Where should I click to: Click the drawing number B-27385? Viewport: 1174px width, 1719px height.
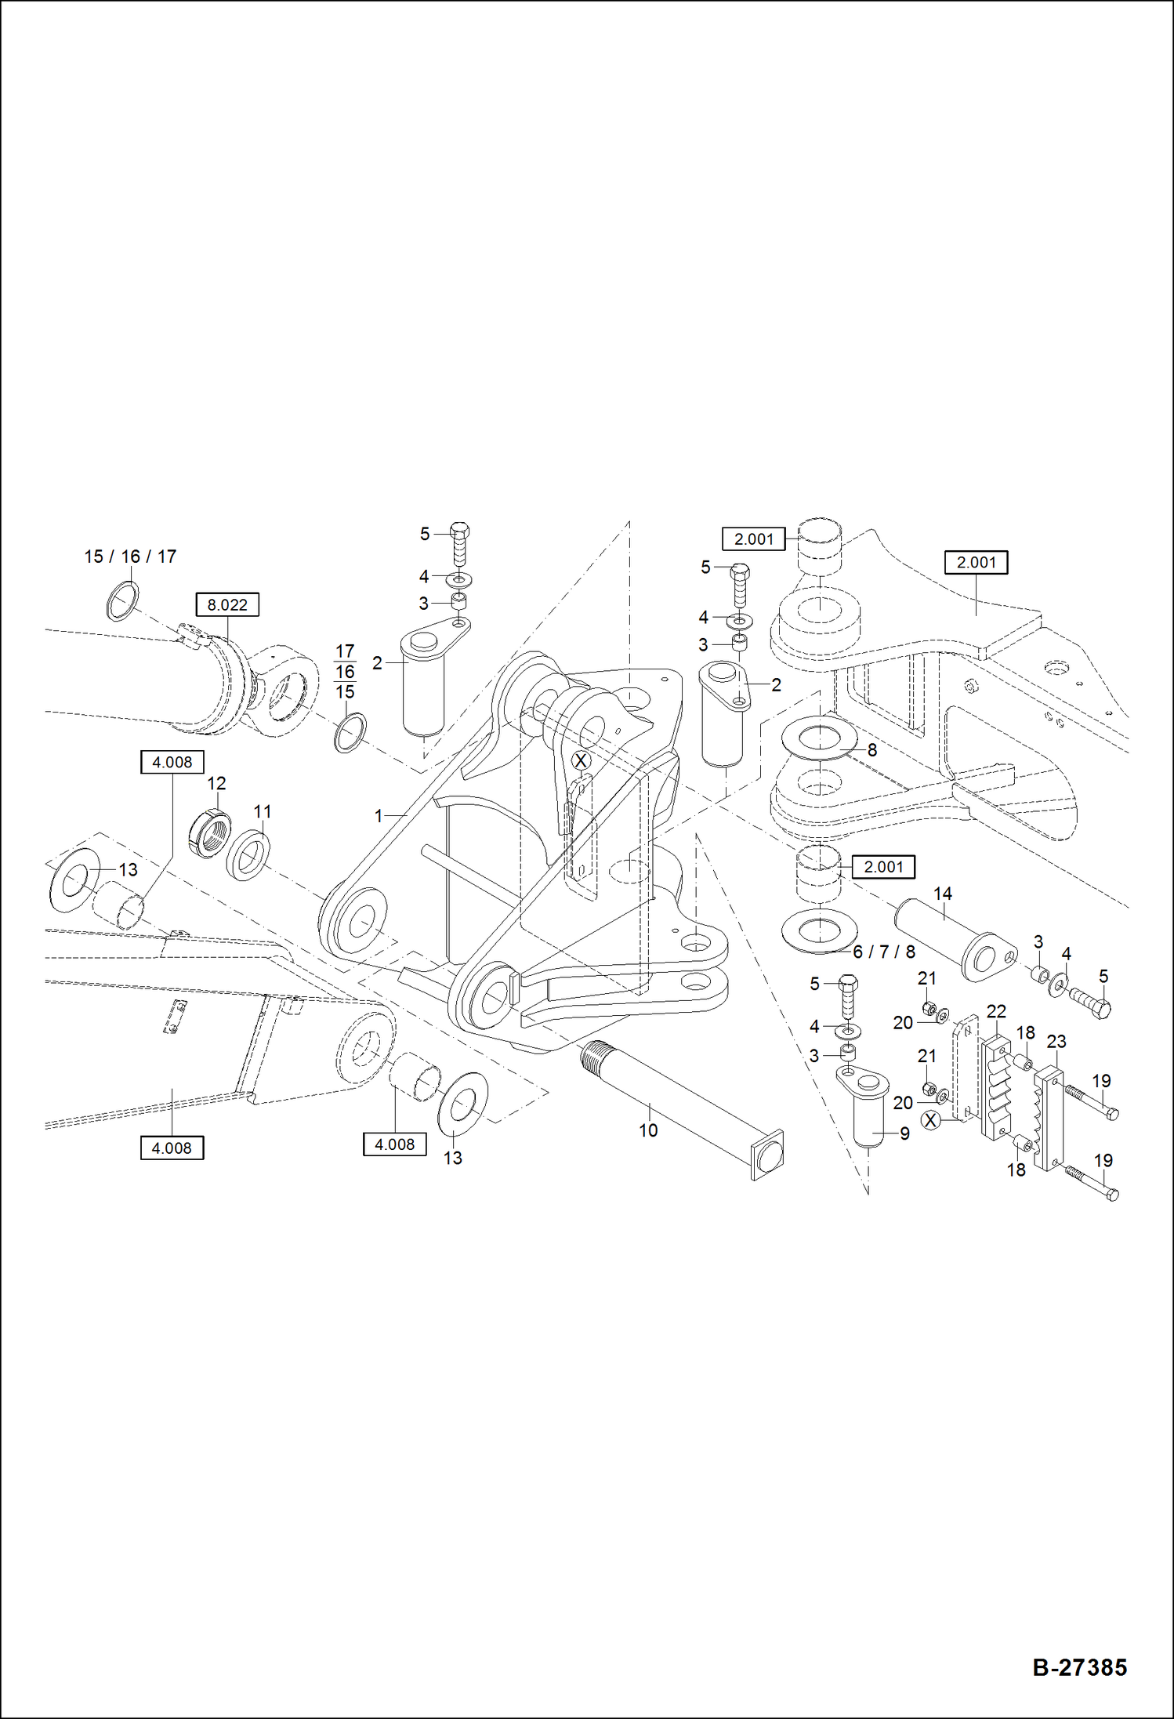[1079, 1666]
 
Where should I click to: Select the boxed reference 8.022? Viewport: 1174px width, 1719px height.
[226, 605]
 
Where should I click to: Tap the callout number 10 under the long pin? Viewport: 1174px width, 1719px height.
[648, 1130]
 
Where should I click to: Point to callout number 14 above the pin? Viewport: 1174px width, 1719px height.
[942, 894]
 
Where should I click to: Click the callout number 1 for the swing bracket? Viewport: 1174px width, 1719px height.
[379, 816]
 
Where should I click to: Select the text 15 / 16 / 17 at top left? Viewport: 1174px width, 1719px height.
[130, 557]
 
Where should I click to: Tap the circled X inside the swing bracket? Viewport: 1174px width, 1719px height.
[581, 760]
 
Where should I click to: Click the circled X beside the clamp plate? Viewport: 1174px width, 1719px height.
[930, 1121]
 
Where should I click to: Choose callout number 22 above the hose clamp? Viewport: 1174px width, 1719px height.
[996, 1011]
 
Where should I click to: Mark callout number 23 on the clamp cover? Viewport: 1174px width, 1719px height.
[1056, 1042]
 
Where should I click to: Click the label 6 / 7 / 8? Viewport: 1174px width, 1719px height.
[883, 952]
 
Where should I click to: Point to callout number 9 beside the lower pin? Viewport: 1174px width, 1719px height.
[904, 1133]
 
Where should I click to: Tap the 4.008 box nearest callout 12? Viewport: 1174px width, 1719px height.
[172, 762]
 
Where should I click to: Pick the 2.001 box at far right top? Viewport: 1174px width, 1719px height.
[976, 563]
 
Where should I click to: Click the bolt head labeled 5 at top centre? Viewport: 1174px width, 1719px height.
[460, 531]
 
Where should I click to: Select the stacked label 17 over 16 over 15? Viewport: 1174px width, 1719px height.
[345, 672]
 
